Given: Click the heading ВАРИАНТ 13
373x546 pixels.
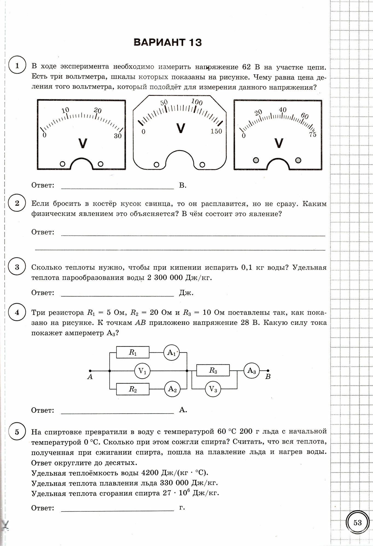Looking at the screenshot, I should [168, 42].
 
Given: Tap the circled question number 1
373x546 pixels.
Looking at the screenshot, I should [17, 66].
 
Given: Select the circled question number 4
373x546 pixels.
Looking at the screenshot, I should [17, 312].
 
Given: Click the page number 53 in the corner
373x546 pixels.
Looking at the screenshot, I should [357, 523].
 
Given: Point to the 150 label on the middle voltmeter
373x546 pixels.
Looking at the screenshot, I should [216, 131].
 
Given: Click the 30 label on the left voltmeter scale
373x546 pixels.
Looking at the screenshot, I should [118, 136].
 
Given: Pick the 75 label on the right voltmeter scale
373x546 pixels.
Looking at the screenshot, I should [313, 135].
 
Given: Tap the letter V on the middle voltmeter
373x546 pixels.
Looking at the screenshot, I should [180, 128].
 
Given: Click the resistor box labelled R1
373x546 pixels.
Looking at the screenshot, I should [133, 352].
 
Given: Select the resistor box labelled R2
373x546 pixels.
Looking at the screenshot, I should [133, 389].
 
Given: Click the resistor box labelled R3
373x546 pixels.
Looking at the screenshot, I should [213, 370].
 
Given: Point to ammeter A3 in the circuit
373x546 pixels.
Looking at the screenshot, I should [252, 370].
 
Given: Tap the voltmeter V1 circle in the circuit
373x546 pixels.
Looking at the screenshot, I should [142, 371].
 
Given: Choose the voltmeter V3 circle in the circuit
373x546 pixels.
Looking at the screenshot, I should [213, 389].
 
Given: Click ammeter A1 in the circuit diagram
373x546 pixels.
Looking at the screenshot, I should [171, 353].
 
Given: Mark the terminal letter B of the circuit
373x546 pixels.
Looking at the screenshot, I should [268, 377].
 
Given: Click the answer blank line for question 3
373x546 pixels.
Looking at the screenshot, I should [117, 296].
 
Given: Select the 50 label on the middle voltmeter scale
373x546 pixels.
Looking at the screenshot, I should [164, 103].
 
